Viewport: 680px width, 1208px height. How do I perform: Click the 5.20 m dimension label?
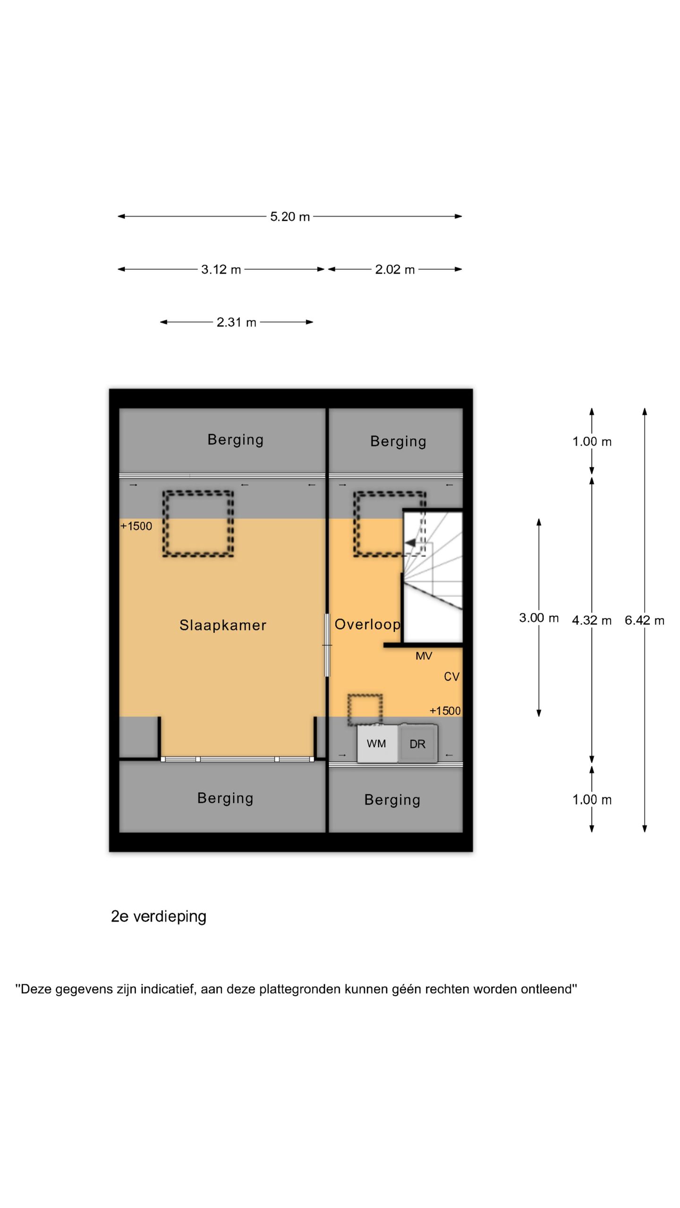point(290,217)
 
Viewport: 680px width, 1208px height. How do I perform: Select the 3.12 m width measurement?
point(221,269)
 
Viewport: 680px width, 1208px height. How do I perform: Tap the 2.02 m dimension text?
point(395,269)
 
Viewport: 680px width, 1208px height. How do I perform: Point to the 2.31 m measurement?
point(236,322)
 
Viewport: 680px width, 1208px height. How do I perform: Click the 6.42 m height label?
point(645,620)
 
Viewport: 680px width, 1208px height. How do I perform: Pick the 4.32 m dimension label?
point(592,620)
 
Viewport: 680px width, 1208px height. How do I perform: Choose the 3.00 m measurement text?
point(539,618)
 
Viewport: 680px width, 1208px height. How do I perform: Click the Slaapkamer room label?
point(223,625)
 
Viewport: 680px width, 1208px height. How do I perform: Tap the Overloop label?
point(367,624)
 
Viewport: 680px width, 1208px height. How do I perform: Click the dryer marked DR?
point(418,744)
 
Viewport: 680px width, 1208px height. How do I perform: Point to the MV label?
point(424,656)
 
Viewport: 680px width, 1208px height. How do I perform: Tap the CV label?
point(451,677)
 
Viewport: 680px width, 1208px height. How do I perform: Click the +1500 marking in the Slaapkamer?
point(136,526)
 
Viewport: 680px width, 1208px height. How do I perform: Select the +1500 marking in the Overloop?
point(445,711)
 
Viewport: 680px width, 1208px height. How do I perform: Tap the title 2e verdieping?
point(159,916)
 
